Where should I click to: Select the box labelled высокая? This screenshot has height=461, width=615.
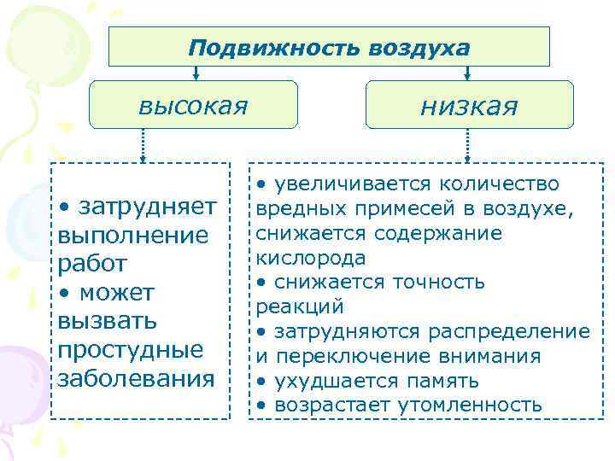[194, 105]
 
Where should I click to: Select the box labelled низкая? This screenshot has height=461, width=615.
[469, 105]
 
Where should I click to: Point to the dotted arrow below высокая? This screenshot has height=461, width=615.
[143, 145]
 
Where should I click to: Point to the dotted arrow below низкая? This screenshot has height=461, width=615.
[469, 145]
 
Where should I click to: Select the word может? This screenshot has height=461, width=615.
[117, 293]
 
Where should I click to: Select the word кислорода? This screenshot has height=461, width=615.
[311, 257]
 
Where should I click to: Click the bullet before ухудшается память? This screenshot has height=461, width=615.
[261, 380]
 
